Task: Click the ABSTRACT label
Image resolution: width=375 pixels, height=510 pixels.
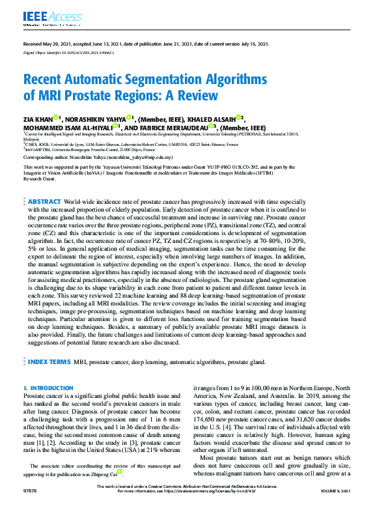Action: pyautogui.click(x=44, y=184)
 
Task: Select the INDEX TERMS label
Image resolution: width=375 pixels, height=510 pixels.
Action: pyautogui.click(x=49, y=360)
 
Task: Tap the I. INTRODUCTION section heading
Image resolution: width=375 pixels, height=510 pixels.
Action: pyautogui.click(x=48, y=388)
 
